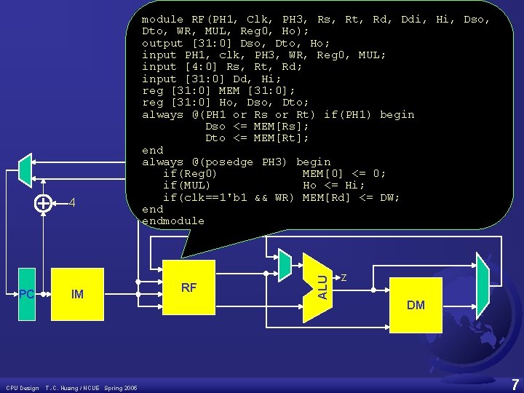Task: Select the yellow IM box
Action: [x=77, y=295]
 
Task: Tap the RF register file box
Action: [x=189, y=287]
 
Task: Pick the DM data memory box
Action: [x=416, y=304]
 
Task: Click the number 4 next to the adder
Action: [x=72, y=203]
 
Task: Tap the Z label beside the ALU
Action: [x=344, y=277]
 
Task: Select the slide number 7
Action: [x=515, y=384]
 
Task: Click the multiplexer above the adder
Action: [x=25, y=170]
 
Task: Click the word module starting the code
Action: [x=162, y=20]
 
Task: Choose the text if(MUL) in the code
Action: [x=187, y=186]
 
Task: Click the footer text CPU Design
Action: [x=23, y=387]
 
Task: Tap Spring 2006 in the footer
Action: [x=121, y=387]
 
